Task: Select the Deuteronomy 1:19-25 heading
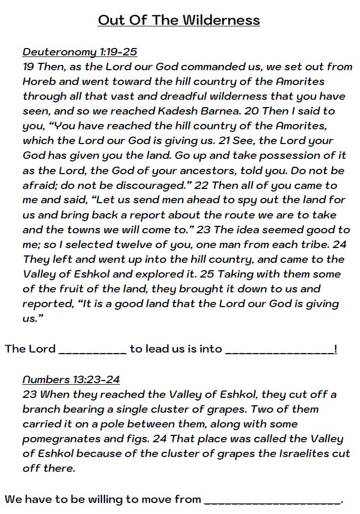click(x=80, y=52)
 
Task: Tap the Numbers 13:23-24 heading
click(x=71, y=379)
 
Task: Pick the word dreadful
click(x=160, y=96)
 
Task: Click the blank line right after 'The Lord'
click(x=92, y=350)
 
